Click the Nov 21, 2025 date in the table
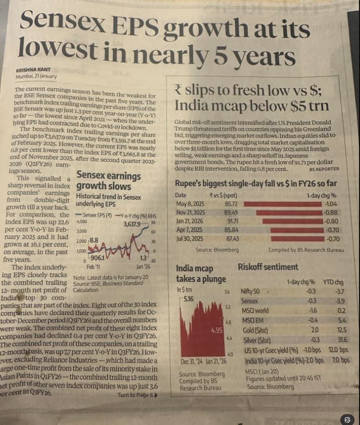[x=191, y=212]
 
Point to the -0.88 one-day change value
[x=330, y=212]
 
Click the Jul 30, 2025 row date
[x=190, y=238]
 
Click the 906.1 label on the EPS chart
[x=96, y=257]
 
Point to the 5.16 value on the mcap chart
[x=188, y=299]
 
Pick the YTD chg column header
[x=333, y=283]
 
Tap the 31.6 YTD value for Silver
[x=340, y=340]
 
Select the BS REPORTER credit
[x=324, y=169]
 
